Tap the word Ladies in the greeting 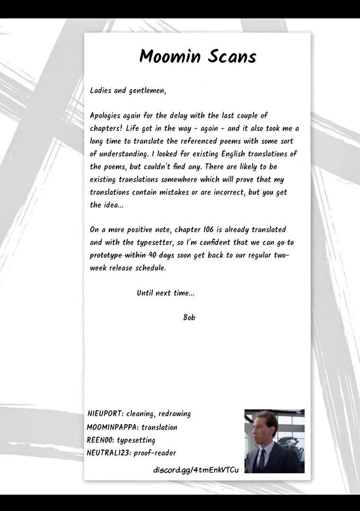coord(101,90)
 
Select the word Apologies coord(105,116)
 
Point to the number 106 coord(208,230)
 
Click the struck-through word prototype coord(108,255)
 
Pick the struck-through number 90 coord(153,255)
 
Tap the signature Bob coord(189,317)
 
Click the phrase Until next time coord(165,293)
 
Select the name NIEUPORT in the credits coord(105,414)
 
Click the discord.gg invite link coord(196,470)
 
